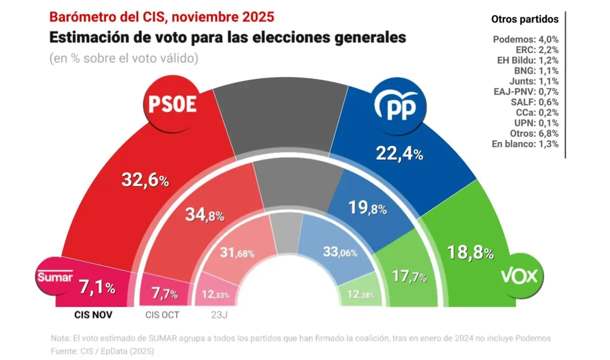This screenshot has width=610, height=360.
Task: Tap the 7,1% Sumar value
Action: [98, 287]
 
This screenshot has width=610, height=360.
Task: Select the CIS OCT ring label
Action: [162, 315]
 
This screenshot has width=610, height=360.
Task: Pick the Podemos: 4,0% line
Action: [525, 39]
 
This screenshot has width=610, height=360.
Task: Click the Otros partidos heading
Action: [524, 19]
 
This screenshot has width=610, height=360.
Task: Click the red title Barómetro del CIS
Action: [161, 16]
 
